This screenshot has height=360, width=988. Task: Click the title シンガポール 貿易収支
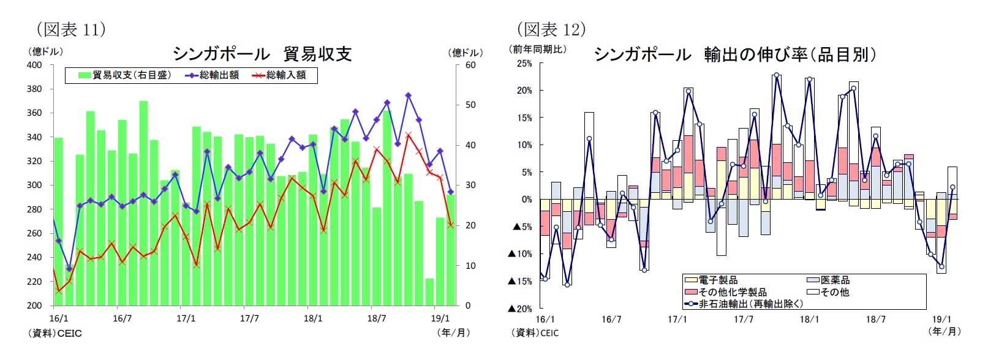coord(262,54)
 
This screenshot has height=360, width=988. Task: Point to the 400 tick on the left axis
coord(34,65)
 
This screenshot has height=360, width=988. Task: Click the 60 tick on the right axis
coord(470,65)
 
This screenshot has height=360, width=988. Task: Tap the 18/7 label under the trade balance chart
coord(377,318)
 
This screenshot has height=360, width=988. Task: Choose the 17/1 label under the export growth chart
coord(677,319)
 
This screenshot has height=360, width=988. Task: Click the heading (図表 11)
coord(71,29)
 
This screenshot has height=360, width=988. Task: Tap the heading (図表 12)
coord(551,29)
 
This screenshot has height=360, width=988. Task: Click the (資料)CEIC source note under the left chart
coord(55,334)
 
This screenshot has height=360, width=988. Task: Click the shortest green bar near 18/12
coord(429,292)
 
